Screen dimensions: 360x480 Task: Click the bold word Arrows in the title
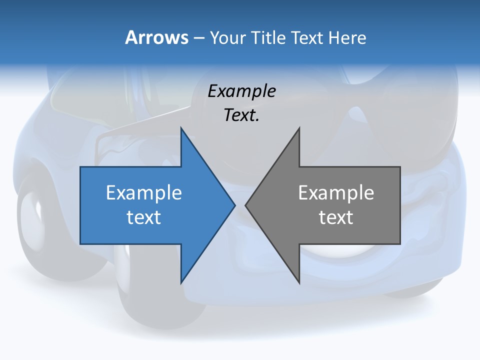pyautogui.click(x=156, y=38)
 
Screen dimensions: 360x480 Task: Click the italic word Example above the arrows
pyautogui.click(x=241, y=91)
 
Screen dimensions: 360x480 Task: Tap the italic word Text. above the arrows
pyautogui.click(x=241, y=115)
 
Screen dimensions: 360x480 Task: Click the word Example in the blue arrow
pyautogui.click(x=144, y=192)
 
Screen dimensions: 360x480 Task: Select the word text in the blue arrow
pyautogui.click(x=144, y=217)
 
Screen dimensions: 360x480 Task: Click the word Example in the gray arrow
pyautogui.click(x=336, y=192)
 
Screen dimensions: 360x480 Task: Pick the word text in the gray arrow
pyautogui.click(x=336, y=217)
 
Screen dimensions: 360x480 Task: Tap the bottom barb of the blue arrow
pyautogui.click(x=183, y=278)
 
